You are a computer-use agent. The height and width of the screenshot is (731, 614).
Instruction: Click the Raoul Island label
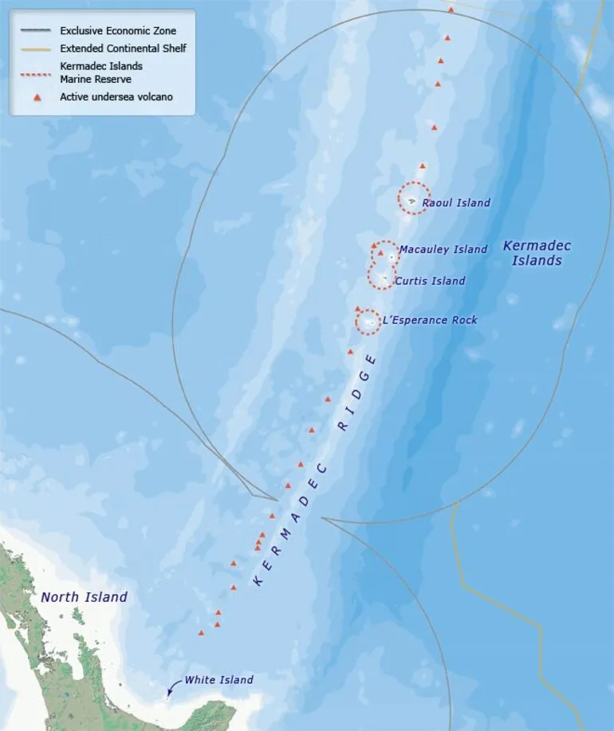coord(456,202)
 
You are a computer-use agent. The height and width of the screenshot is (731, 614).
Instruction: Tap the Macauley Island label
coord(443,250)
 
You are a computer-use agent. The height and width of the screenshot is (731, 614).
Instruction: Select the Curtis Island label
coord(431,281)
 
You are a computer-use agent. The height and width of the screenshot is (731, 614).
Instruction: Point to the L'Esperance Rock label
coord(430,320)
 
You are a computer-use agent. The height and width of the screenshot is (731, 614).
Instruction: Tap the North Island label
coord(84,597)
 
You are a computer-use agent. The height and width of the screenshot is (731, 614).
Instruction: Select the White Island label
coord(218,680)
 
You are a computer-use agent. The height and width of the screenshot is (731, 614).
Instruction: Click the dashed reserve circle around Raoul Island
coord(414,183)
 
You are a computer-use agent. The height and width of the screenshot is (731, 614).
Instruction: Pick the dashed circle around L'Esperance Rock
coord(368,309)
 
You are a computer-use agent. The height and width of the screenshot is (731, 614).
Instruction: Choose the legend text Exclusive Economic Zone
coord(118,31)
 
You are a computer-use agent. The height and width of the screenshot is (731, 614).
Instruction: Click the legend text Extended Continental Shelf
coord(123,49)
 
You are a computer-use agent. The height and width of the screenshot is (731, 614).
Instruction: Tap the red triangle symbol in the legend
coord(37,97)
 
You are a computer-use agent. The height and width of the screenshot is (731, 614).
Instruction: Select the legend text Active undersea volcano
coord(116,97)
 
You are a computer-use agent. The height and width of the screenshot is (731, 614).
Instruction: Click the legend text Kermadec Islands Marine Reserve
coord(101,73)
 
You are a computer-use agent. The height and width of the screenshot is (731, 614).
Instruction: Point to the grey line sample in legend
coord(37,31)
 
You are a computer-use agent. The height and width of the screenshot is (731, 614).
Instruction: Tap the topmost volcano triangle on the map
coord(451,10)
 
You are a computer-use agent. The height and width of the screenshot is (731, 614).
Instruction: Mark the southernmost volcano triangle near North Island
coord(201,633)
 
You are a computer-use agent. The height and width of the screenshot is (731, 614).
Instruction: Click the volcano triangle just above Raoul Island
coord(423,166)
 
